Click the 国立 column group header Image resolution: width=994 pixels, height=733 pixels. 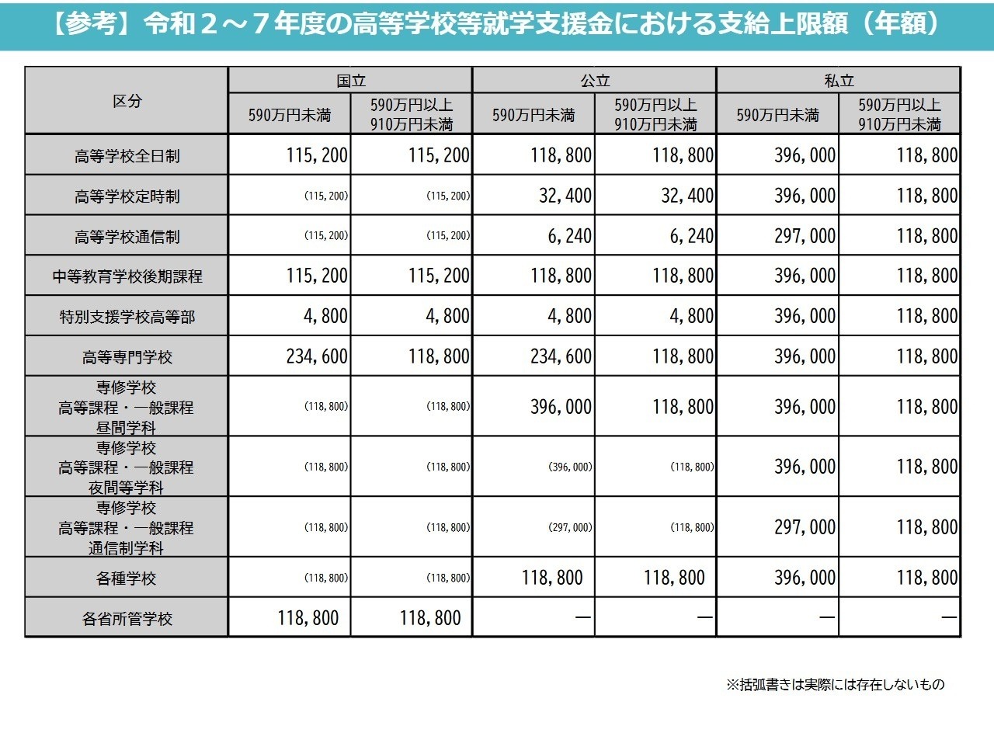[x=350, y=81]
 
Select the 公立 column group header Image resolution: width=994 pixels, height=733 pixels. [x=595, y=81]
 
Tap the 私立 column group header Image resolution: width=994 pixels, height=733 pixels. [x=839, y=81]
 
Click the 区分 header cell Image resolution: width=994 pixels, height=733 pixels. [x=127, y=101]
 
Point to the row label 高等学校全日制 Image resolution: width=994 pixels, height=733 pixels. [x=127, y=156]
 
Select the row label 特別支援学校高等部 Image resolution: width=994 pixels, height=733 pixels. [x=127, y=317]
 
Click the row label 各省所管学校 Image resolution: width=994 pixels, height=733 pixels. [x=127, y=619]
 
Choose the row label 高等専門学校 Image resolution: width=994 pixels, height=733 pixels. [x=127, y=357]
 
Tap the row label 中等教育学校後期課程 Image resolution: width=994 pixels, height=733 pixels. [x=127, y=276]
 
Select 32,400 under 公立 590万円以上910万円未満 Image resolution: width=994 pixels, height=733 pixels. [x=687, y=196]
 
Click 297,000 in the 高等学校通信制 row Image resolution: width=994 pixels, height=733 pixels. [x=805, y=236]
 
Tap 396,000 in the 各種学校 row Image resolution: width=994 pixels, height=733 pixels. [x=805, y=578]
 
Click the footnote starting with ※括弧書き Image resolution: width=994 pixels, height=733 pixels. [x=835, y=685]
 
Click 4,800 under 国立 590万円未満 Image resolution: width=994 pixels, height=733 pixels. [x=321, y=316]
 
